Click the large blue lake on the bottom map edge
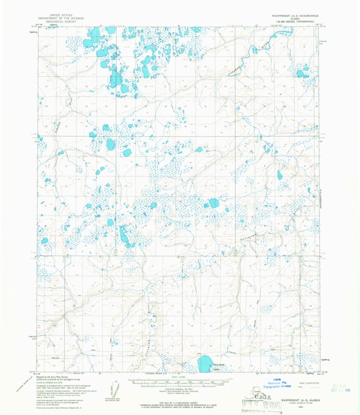205,364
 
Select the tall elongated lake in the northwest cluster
115,78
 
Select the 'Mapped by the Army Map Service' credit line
55,377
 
